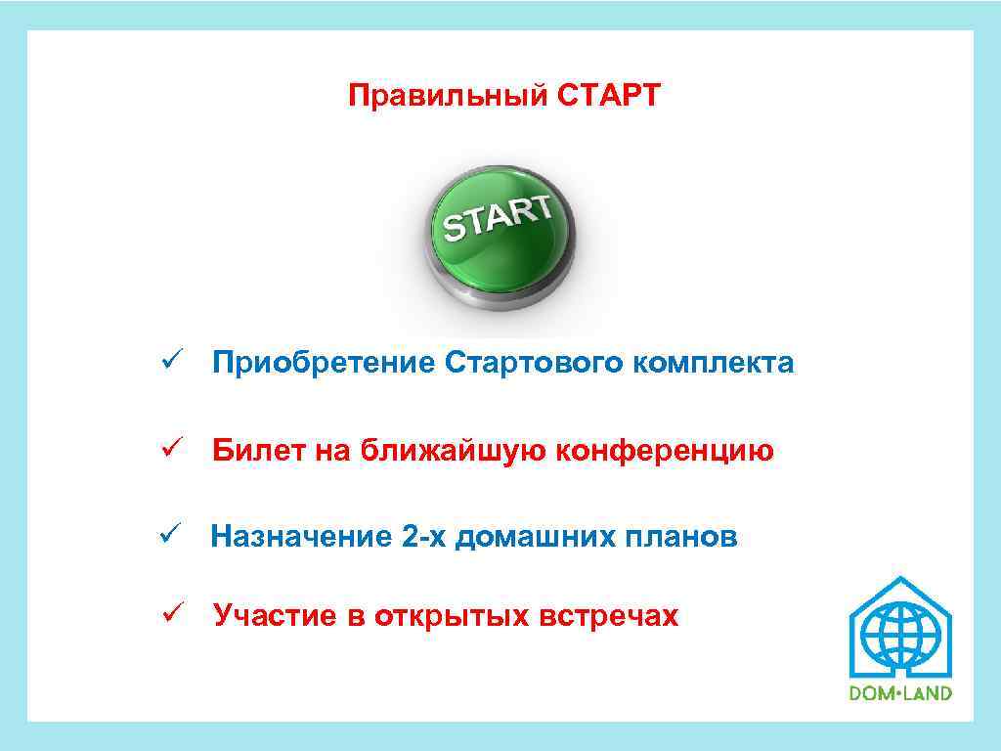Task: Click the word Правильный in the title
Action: click(x=448, y=97)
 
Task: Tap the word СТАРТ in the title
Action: click(x=610, y=97)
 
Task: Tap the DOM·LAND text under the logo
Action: click(x=900, y=692)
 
